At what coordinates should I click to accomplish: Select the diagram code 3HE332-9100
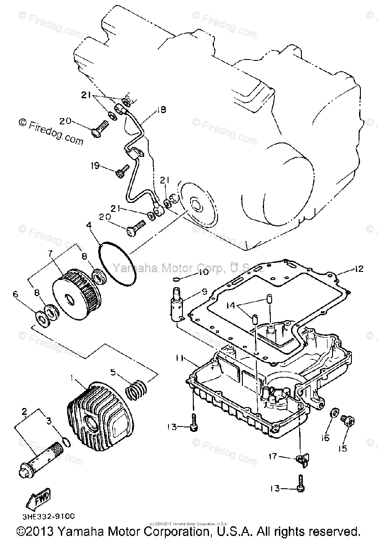(42, 516)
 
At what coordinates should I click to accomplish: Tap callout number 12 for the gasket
(358, 269)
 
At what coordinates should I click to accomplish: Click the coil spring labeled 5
(135, 388)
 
